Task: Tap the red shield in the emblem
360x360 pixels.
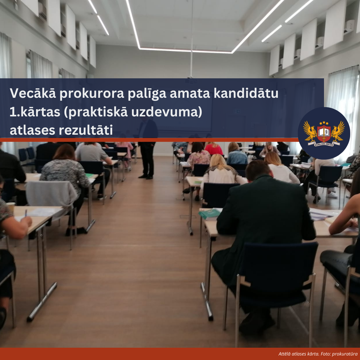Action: [324, 133]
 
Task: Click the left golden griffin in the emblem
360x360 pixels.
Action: [310, 131]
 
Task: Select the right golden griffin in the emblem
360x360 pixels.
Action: [338, 131]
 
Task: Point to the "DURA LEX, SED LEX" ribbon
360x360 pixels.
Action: [324, 144]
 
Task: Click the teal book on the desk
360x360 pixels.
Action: [209, 214]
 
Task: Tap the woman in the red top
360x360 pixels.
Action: [214, 149]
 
